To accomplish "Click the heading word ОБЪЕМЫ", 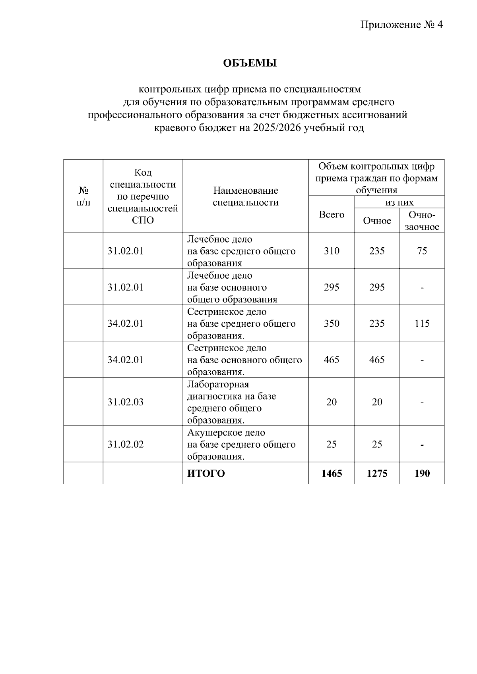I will point(249,63).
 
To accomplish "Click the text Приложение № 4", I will point(401,25).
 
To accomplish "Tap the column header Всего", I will point(332,214).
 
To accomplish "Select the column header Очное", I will point(377,221).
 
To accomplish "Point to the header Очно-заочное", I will point(422,221).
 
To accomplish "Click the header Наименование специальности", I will point(246,196).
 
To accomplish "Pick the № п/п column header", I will point(83,196).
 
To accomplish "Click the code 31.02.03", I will point(125,402).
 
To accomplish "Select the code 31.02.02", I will point(125,444).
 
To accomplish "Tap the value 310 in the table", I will point(332,251).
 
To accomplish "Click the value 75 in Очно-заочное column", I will point(422,251).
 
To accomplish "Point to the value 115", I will point(422,324).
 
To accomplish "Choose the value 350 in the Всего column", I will point(332,324).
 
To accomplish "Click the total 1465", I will point(332,473).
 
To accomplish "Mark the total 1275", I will point(377,473).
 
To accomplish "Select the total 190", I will point(422,473).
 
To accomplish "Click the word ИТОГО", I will point(206,473).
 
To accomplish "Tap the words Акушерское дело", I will point(226,432).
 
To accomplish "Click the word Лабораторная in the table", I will point(218,384).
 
